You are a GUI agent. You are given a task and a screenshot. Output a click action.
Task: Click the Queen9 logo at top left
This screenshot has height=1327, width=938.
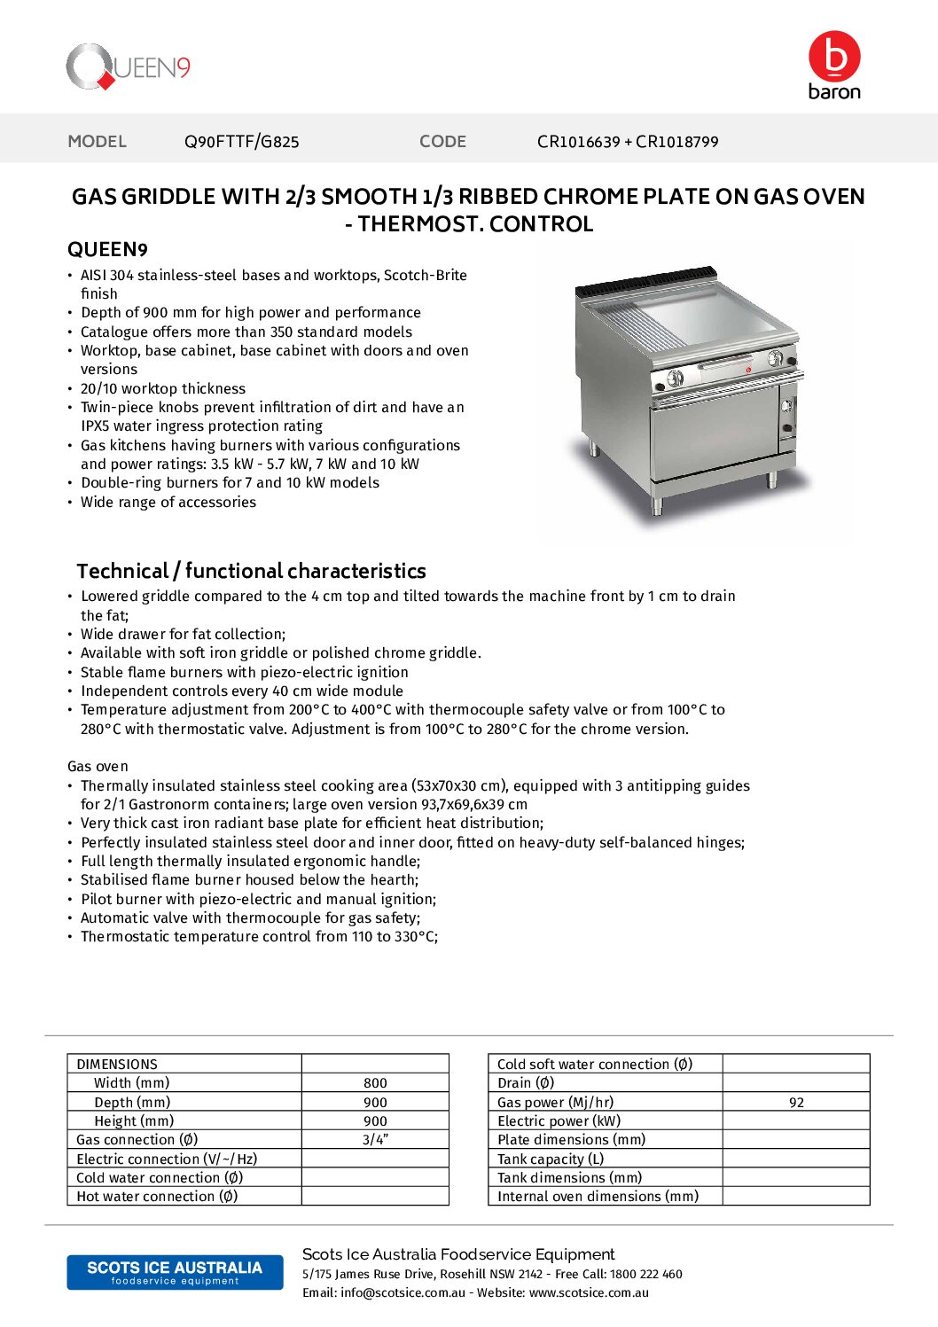pos(128,66)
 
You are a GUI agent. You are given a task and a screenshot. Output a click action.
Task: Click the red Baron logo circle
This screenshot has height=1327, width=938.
pos(834,56)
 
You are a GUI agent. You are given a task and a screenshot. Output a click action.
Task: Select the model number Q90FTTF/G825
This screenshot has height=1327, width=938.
pos(241,142)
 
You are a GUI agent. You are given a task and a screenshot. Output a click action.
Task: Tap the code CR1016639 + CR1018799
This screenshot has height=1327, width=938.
pos(628,142)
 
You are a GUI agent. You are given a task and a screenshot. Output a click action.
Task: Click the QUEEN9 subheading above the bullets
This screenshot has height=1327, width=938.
pos(107,250)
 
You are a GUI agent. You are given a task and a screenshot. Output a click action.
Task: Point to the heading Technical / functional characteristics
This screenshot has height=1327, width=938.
pos(251,571)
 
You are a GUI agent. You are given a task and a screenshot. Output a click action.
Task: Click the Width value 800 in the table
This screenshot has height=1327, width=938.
pos(375,1083)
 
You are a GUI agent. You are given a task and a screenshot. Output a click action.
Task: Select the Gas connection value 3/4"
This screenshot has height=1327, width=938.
pos(375,1140)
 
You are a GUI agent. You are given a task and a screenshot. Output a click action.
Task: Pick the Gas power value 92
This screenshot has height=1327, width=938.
pos(796,1103)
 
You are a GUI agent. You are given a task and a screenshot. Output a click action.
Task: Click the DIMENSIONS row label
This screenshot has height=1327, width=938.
pos(117,1065)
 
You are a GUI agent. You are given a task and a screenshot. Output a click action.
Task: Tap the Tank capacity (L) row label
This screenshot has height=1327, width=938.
pos(551,1159)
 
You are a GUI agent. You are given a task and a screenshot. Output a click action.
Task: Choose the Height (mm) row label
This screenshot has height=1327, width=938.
pos(134,1121)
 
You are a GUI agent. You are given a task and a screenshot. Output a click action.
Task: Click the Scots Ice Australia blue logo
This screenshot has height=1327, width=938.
pos(175,1272)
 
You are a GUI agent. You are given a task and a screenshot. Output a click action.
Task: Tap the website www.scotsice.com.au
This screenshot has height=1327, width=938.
pos(589,1293)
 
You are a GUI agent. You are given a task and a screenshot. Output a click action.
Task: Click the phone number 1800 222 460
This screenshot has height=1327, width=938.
pos(646,1275)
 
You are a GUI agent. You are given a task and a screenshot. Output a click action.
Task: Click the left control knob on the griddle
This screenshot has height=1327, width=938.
pos(674,379)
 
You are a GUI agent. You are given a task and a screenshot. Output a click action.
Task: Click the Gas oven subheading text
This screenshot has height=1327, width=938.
pos(98,767)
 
